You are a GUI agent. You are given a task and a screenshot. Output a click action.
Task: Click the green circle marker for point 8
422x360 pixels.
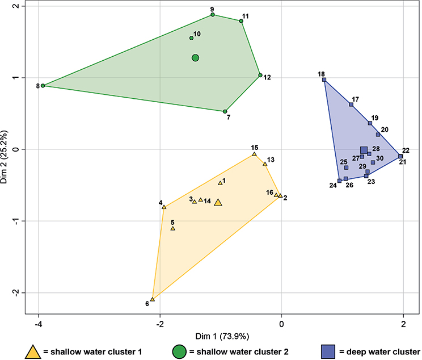(x=43, y=86)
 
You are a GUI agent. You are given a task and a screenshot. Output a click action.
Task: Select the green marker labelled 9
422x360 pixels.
(x=213, y=15)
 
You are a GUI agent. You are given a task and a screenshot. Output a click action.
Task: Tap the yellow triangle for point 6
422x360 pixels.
(x=153, y=299)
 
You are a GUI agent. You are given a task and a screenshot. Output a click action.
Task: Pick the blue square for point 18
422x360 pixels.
(x=324, y=80)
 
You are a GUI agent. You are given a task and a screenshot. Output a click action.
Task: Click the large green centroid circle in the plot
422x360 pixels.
(x=195, y=58)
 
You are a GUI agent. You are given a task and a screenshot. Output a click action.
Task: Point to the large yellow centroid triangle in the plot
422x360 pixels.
(x=218, y=202)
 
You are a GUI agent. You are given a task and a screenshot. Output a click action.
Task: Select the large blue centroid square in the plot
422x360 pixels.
(x=364, y=150)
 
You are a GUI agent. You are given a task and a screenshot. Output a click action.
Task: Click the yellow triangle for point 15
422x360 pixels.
(x=255, y=154)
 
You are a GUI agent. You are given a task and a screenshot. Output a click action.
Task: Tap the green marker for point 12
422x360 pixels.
(x=260, y=75)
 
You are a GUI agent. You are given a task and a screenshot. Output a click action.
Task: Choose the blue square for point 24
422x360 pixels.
(x=339, y=181)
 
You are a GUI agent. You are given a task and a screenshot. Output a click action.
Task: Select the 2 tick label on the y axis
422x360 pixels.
(x=15, y=6)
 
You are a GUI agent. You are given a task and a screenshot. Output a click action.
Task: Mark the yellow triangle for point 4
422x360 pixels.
(x=164, y=207)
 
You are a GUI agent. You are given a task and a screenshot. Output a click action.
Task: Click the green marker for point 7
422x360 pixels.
(x=225, y=111)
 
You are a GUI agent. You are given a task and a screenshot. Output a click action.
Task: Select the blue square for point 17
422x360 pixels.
(x=351, y=104)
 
